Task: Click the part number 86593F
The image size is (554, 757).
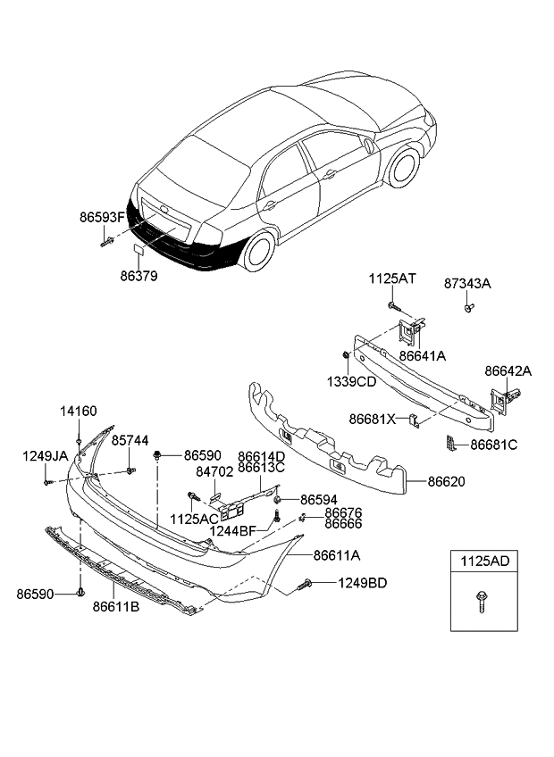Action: [103, 216]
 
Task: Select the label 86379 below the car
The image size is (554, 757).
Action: [139, 277]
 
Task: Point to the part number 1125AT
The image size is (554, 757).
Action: [392, 279]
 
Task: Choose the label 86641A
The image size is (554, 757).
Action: [422, 355]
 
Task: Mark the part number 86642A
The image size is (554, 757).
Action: [508, 370]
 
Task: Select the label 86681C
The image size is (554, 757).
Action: [494, 444]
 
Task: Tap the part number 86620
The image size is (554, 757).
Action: [446, 481]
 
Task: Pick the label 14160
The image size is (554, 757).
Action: [79, 412]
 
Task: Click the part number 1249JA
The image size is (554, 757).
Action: [45, 456]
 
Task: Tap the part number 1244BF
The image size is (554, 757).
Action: [234, 531]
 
